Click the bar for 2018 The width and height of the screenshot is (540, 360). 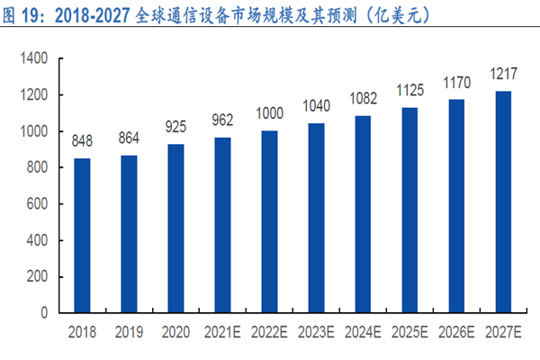click(x=82, y=236)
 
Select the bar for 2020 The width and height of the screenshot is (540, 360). click(x=175, y=229)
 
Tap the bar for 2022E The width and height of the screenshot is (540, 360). click(x=269, y=222)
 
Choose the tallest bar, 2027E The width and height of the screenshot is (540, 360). click(x=504, y=202)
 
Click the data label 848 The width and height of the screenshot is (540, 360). click(x=82, y=141)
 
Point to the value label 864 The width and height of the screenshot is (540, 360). click(x=129, y=139)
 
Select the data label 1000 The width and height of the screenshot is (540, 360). click(x=269, y=114)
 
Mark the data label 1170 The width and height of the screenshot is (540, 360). click(x=457, y=83)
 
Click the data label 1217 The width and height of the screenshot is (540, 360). click(x=504, y=74)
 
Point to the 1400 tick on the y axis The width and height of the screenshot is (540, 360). click(x=34, y=58)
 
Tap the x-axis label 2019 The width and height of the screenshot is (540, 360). click(x=129, y=330)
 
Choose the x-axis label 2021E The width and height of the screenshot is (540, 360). click(x=222, y=330)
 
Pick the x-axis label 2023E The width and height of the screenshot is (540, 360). click(x=316, y=330)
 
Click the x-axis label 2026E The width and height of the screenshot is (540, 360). click(x=457, y=330)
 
